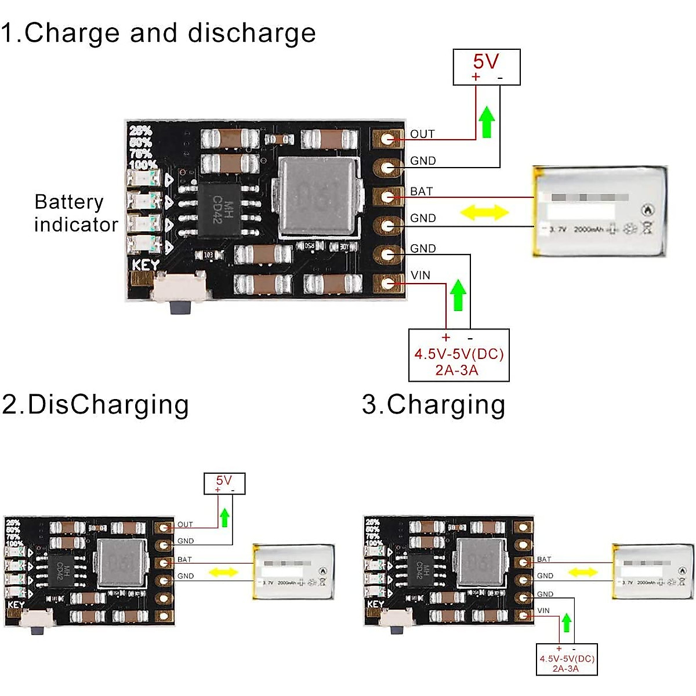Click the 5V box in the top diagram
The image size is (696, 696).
486,67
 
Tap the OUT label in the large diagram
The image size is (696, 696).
422,134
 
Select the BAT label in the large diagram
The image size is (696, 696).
422,191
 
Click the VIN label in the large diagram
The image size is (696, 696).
420,275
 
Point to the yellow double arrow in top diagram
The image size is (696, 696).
484,212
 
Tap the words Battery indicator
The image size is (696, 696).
75,213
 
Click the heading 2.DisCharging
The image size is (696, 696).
96,404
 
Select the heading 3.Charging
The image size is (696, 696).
434,404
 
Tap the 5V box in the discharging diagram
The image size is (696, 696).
224,483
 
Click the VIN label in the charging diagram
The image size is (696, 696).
543,610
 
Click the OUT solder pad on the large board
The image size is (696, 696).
387,138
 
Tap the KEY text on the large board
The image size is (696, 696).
146,266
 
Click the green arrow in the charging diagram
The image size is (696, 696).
567,623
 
